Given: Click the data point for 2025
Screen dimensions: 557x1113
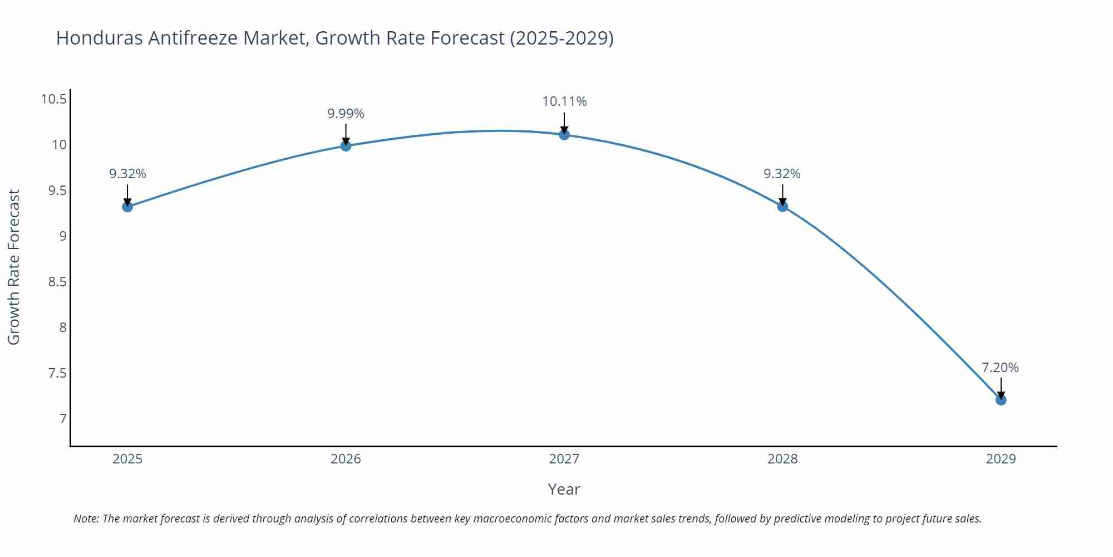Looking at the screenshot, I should [127, 207].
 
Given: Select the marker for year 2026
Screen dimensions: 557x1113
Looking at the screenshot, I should [346, 146].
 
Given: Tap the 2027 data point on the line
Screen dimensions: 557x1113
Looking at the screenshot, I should [564, 134].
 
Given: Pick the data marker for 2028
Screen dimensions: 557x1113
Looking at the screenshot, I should [782, 207].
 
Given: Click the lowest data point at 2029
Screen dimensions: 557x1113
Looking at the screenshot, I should [1001, 400].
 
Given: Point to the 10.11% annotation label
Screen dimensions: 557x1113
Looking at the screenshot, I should [564, 101].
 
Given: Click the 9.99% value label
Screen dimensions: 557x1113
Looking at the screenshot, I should [346, 114].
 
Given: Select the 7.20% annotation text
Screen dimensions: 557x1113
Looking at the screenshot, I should [1000, 368].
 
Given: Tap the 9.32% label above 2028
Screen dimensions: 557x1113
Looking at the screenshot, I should [782, 174].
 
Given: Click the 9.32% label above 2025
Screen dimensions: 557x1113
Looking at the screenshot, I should [127, 174].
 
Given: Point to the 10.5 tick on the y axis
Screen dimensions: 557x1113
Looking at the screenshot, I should [53, 100].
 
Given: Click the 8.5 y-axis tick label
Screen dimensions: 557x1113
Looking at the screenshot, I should [57, 282].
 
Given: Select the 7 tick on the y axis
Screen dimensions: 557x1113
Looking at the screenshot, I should [63, 418].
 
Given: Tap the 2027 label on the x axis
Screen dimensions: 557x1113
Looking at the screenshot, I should [564, 459].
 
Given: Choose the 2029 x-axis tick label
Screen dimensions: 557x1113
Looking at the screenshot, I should [1001, 459].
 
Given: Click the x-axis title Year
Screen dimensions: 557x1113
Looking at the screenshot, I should [564, 489].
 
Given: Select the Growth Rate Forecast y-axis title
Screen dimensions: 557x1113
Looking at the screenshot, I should [14, 267].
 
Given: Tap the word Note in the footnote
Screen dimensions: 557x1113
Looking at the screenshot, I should [86, 519].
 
